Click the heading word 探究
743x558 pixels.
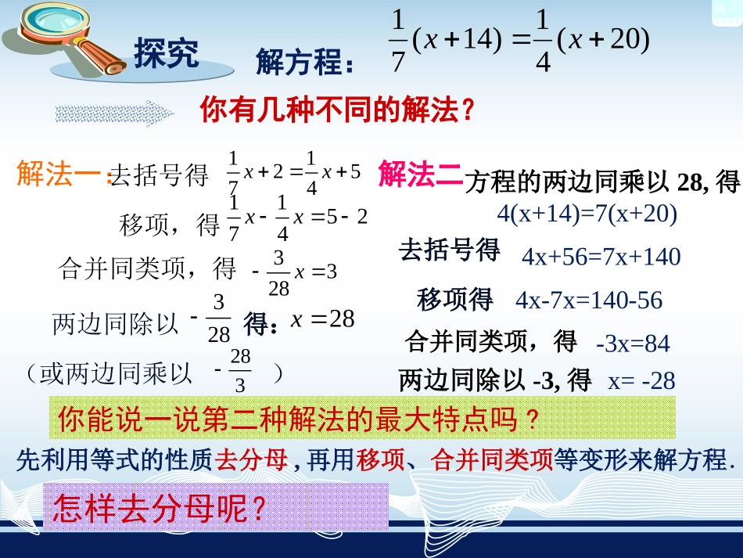[x=167, y=53]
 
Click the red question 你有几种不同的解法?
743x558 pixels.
[x=338, y=110]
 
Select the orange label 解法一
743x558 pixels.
[x=59, y=173]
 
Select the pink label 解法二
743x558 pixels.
[x=419, y=173]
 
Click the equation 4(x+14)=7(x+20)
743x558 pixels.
[x=587, y=213]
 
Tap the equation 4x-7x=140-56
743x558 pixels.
[x=589, y=300]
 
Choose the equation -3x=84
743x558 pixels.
[x=633, y=343]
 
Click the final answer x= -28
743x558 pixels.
[x=641, y=381]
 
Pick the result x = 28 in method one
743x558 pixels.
[x=323, y=319]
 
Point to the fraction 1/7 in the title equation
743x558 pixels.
[x=398, y=46]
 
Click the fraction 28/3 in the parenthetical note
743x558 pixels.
[x=239, y=371]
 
